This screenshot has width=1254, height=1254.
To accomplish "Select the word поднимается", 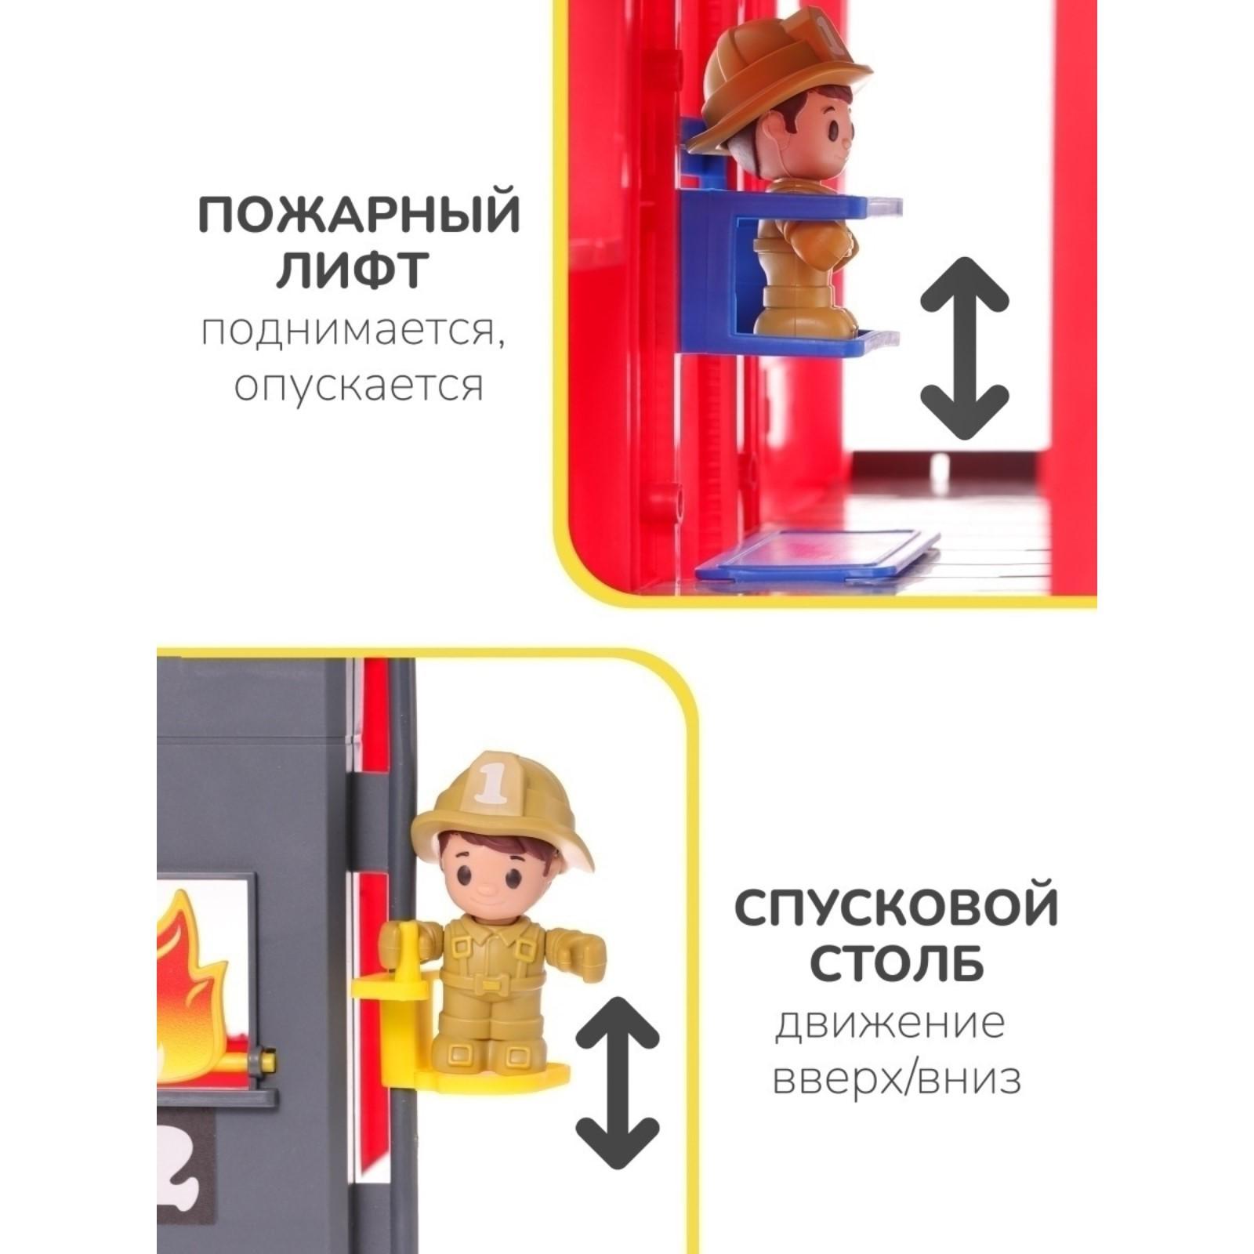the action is coord(350,332).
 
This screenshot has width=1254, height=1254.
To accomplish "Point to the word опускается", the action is coord(359,385).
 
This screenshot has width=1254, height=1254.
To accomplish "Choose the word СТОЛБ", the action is coord(897,962).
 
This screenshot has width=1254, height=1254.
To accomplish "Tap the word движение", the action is coord(890,1023).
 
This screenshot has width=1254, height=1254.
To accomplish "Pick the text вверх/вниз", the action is coord(897,1078).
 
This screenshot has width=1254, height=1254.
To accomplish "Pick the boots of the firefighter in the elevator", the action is coord(799,310).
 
